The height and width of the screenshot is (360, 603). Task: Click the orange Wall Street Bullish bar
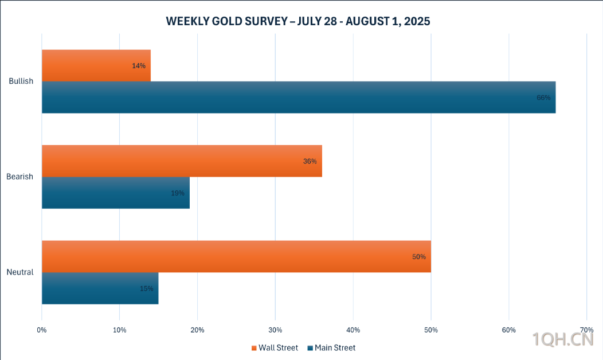pos(96,65)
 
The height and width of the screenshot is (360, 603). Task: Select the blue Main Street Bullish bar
pos(298,97)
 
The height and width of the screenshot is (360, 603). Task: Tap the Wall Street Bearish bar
pos(182,161)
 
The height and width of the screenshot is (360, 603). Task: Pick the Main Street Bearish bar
pos(115,193)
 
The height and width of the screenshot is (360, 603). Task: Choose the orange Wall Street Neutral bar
pos(236,256)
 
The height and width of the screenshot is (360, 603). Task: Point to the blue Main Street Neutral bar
pos(100,288)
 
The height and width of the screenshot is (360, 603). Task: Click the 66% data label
pos(543,97)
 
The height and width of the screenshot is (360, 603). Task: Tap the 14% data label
pos(138,66)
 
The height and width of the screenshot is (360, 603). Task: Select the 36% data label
pos(310,161)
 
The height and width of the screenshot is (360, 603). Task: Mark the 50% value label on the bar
pos(418,257)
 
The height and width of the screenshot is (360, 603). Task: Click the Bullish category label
pos(21,81)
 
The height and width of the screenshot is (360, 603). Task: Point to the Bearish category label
pos(21,177)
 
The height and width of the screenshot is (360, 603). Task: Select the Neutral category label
pos(20,272)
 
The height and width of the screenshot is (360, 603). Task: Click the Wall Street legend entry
pos(275,348)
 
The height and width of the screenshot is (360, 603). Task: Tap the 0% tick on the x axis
pos(42,330)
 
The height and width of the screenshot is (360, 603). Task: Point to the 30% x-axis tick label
pos(275,330)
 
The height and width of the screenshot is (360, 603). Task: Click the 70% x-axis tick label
pos(586,330)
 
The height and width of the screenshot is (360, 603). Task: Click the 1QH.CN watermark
pos(562,340)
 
